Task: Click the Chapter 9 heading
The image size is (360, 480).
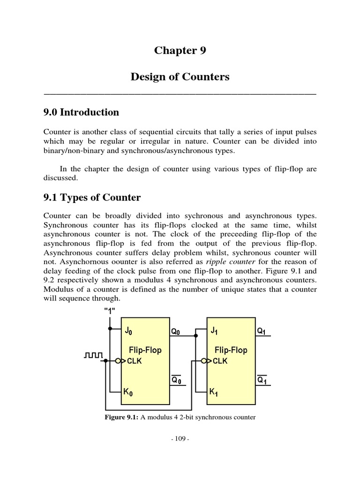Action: coord(180,51)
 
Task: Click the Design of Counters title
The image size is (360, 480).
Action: coord(180,77)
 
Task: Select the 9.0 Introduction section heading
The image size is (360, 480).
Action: coord(81,112)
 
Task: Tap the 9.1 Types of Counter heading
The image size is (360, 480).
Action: coord(92,197)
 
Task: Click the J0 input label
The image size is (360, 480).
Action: coord(128,331)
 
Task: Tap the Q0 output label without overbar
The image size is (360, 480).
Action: coord(174,331)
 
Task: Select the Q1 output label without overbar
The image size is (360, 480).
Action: coord(262,331)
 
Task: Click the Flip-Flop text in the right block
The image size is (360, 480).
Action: coord(231,350)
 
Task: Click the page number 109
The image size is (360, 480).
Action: coord(180,439)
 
